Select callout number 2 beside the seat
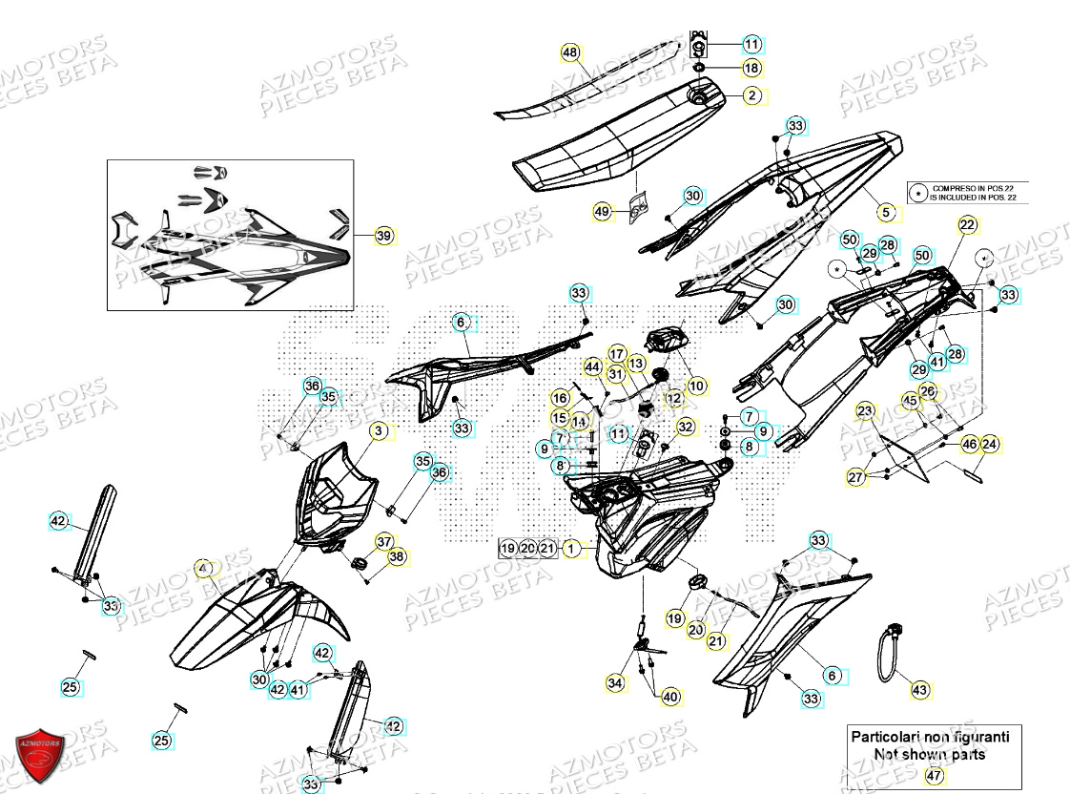point(751,95)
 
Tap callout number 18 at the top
point(751,68)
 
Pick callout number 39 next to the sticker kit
point(383,236)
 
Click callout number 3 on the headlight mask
point(379,432)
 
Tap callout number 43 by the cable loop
point(919,689)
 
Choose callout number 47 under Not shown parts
point(932,775)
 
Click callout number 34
point(615,682)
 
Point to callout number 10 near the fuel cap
point(697,386)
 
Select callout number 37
point(383,541)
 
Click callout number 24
point(989,444)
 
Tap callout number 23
point(864,411)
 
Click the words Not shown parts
point(930,754)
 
